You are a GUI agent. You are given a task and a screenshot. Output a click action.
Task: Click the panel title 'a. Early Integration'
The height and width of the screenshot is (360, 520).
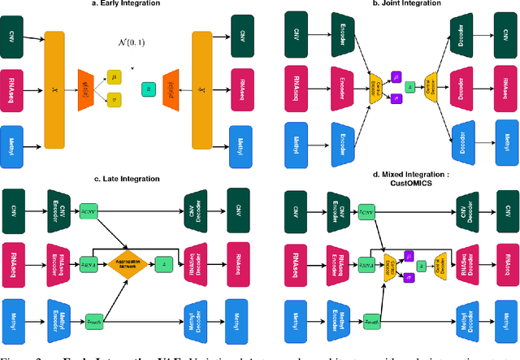pyautogui.click(x=127, y=7)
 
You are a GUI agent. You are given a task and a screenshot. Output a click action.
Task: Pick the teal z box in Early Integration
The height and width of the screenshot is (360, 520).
pyautogui.click(x=148, y=87)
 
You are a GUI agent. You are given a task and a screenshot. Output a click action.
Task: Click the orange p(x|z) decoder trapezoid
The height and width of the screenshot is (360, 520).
pyautogui.click(x=171, y=87)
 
